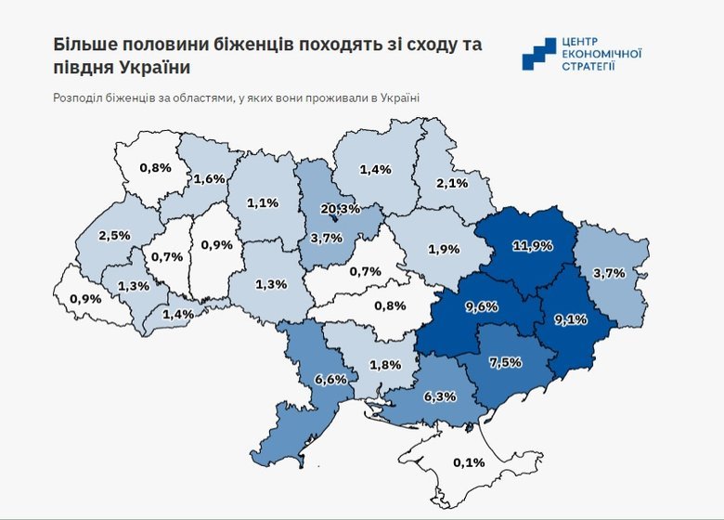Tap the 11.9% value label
(533, 246)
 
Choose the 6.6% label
(331, 379)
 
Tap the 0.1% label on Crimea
(469, 461)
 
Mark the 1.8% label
(384, 364)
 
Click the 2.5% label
(113, 236)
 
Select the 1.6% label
(209, 178)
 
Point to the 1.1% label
(264, 202)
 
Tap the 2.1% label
(451, 184)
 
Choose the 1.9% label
(445, 250)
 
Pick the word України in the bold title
(161, 69)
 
